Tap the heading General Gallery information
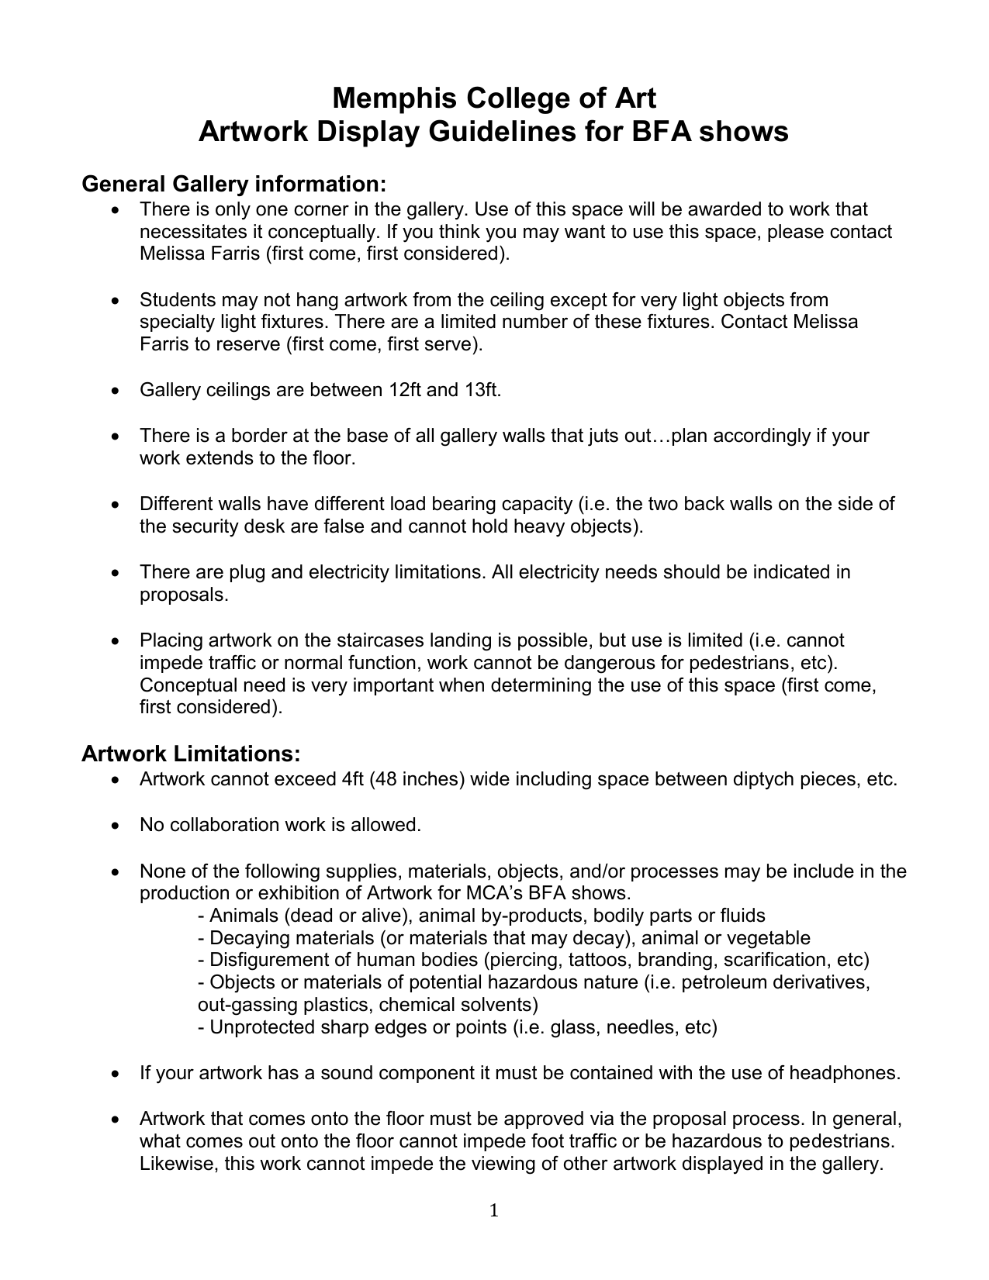pyautogui.click(x=233, y=185)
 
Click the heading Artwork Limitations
pyautogui.click(x=191, y=754)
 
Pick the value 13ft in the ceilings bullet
pyautogui.click(x=482, y=390)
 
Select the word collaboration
pyautogui.click(x=223, y=825)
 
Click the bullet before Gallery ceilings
pyautogui.click(x=116, y=391)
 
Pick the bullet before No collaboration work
pyautogui.click(x=116, y=826)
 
